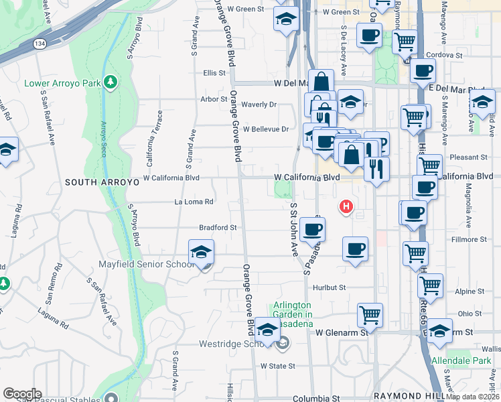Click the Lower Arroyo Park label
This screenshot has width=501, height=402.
tap(62, 84)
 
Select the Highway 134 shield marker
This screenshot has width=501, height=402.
tap(40, 44)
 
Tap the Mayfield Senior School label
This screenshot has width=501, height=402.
tap(146, 265)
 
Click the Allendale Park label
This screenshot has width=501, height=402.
tap(462, 360)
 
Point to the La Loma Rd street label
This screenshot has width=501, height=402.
tap(194, 202)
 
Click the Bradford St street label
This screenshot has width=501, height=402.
tap(218, 227)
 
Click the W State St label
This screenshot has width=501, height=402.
tap(278, 366)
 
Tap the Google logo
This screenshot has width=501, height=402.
tap(22, 394)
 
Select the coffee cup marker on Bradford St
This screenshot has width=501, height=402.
tap(311, 230)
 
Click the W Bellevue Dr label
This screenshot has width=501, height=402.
tap(266, 129)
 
